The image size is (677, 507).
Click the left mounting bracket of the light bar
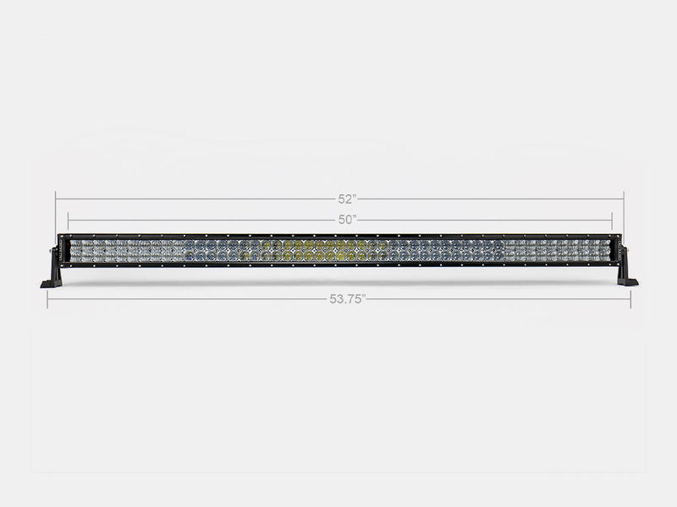[x=52, y=265]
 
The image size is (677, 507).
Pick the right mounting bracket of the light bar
[x=625, y=265]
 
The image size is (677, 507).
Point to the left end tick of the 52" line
[x=56, y=199]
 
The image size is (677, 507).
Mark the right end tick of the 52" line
[x=623, y=199]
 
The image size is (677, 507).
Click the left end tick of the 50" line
[x=69, y=220]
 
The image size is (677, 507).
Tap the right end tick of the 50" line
[x=611, y=220]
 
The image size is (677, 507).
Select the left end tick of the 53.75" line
[x=47, y=299]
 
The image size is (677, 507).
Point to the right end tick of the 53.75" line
[x=630, y=299]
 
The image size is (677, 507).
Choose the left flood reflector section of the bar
[x=127, y=250]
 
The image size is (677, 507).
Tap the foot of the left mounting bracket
[x=48, y=283]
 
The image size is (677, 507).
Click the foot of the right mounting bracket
[x=629, y=281]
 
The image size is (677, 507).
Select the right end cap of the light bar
[x=615, y=250]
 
